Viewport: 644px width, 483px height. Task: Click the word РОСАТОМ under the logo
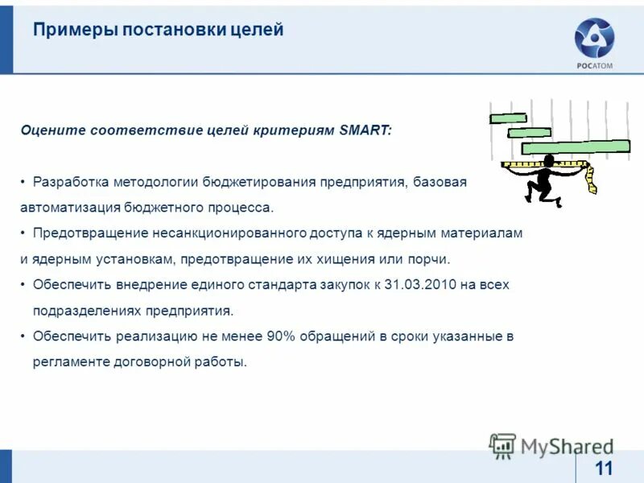pos(594,65)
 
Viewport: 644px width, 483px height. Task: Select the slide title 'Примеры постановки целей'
pos(159,31)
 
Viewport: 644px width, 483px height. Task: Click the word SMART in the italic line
pos(364,130)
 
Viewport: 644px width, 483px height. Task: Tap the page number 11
pos(603,469)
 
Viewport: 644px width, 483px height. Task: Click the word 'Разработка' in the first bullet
pos(70,181)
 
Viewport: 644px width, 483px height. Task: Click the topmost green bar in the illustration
pos(508,118)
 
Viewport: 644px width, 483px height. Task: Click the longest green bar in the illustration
pos(575,147)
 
